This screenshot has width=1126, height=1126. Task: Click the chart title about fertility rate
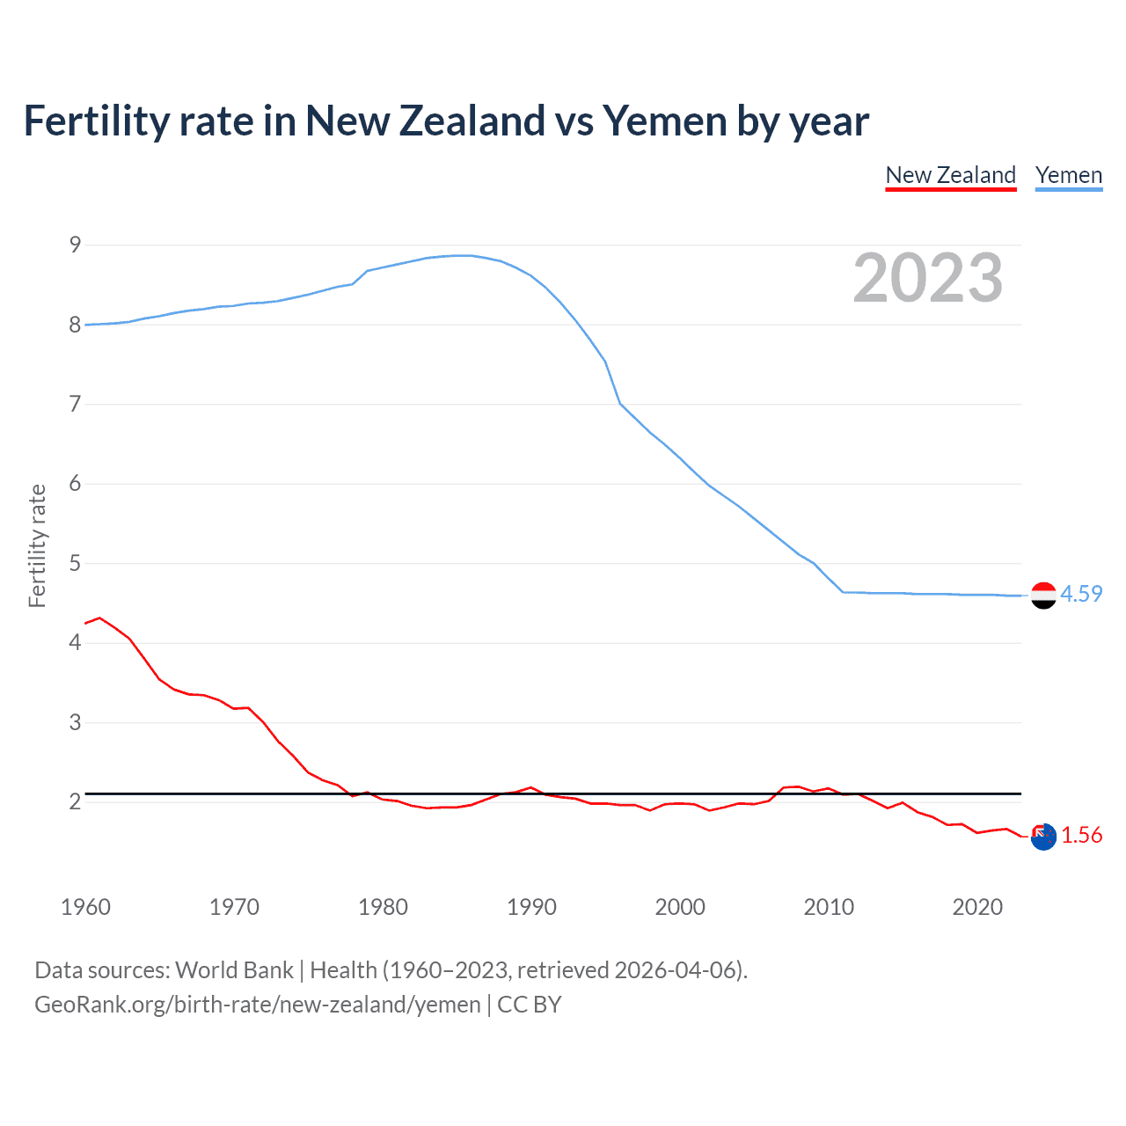446,121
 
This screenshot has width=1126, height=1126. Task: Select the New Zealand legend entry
950,175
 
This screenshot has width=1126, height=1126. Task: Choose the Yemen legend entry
1068,175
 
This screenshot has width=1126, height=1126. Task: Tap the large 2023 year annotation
927,278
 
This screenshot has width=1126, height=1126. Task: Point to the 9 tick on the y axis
75,245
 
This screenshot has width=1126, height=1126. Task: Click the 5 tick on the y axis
75,563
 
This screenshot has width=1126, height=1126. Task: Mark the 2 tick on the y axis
75,801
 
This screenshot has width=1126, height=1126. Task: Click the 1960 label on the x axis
85,907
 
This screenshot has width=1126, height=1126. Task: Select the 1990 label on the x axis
531,907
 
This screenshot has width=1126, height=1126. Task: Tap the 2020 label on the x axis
977,907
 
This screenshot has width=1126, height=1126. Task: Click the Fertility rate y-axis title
37,545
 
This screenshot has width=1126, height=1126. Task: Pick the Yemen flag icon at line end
1043,596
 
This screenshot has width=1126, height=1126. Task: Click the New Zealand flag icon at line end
1043,837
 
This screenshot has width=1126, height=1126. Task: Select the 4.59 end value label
1081,594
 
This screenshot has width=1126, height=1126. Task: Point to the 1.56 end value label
1081,835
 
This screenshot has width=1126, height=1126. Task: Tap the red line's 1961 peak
99,618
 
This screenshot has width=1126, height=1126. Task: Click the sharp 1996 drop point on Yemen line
620,404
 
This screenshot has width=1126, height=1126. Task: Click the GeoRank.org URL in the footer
257,1005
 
